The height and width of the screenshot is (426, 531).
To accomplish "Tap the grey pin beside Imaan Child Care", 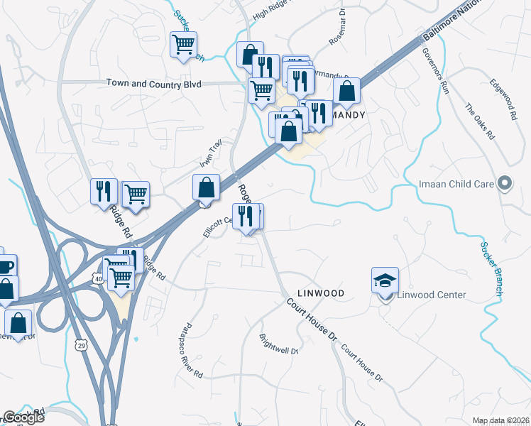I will pyautogui.click(x=505, y=184).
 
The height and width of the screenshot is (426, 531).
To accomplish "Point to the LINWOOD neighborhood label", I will pyautogui.click(x=320, y=293).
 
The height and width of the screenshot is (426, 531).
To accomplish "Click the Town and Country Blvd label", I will pyautogui.click(x=154, y=84).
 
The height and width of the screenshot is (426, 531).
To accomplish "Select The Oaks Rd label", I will pyautogui.click(x=479, y=123).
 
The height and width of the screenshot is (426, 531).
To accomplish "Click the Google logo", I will pyautogui.click(x=23, y=417).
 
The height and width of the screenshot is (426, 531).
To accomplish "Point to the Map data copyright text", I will pyautogui.click(x=500, y=420).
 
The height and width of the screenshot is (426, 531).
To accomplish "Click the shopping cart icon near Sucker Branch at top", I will pyautogui.click(x=183, y=45).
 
